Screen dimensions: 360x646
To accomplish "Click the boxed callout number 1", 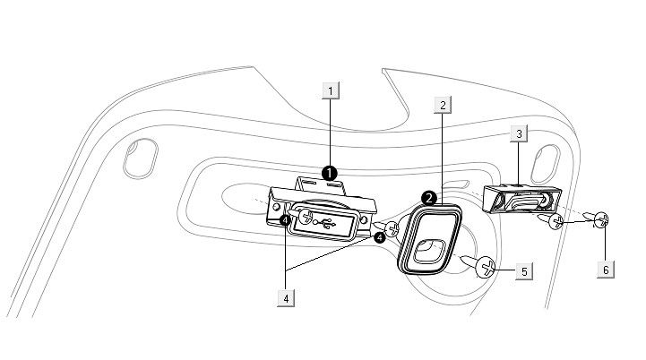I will point(332,90).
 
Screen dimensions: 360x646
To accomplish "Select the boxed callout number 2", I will point(442,105).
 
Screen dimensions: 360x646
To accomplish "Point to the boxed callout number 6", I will point(606,269).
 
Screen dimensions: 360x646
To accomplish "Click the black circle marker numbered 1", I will point(330,173).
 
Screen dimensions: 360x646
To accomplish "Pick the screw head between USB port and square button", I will point(391,229).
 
